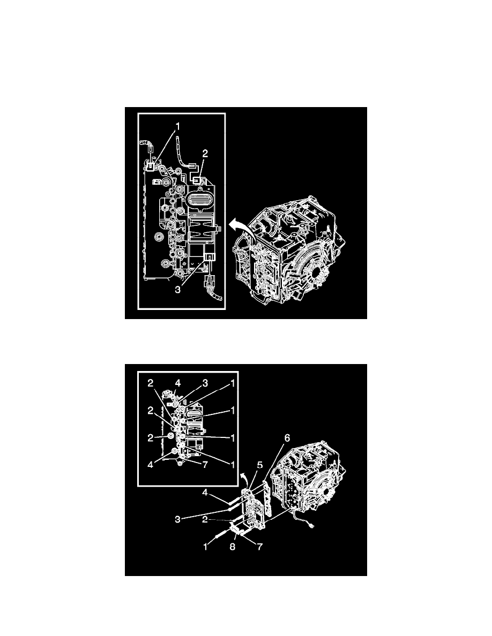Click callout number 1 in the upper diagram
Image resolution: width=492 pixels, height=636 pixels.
[177, 127]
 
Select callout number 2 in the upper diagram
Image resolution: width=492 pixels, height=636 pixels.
[205, 153]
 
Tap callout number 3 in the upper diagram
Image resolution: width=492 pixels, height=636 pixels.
[177, 289]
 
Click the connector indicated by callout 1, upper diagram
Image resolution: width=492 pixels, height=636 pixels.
[150, 165]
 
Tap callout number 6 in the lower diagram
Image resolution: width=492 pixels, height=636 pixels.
[287, 438]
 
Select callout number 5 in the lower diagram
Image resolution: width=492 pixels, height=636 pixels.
[260, 465]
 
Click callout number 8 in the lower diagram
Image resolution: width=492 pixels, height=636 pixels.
[233, 547]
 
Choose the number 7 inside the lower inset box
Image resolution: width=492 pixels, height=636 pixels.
[205, 465]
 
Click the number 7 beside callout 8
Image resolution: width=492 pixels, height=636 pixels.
[259, 547]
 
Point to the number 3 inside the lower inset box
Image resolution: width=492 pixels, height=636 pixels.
[205, 383]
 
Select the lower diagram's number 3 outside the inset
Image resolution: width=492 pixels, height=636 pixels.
[177, 519]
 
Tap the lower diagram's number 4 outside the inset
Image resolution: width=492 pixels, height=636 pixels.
[205, 493]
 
